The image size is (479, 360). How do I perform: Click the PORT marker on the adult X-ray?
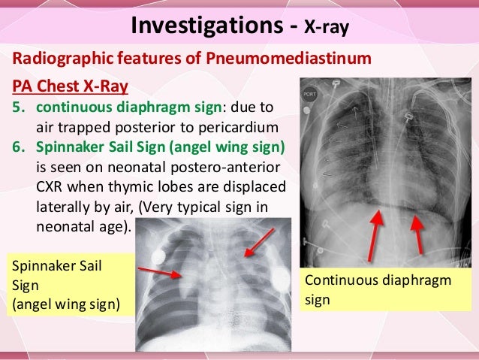pyautogui.click(x=309, y=96)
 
